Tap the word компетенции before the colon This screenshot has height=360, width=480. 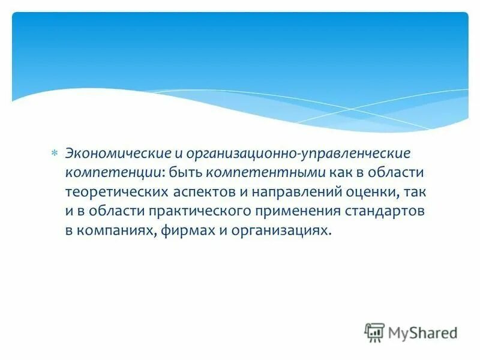(x=112, y=173)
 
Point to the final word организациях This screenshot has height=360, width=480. (x=283, y=231)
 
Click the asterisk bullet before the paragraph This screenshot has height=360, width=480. (x=53, y=154)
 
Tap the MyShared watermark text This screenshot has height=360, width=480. (x=423, y=332)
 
